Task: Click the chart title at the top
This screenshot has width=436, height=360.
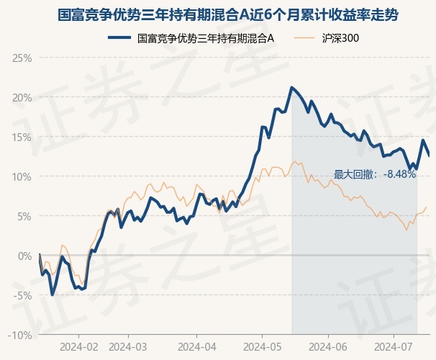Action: [x=218, y=14]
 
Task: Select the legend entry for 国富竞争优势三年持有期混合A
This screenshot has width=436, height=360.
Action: [x=205, y=37]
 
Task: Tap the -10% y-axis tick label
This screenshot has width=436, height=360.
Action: [x=21, y=335]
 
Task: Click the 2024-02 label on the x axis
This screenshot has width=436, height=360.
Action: [x=78, y=347]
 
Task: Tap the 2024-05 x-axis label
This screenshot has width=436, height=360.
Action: [x=263, y=347]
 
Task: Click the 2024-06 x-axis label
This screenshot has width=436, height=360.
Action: [x=328, y=347]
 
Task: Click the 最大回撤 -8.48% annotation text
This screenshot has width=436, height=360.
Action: [x=375, y=174]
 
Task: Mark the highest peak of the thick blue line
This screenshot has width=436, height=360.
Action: [x=291, y=88]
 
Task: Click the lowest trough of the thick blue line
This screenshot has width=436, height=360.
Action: [x=53, y=294]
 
